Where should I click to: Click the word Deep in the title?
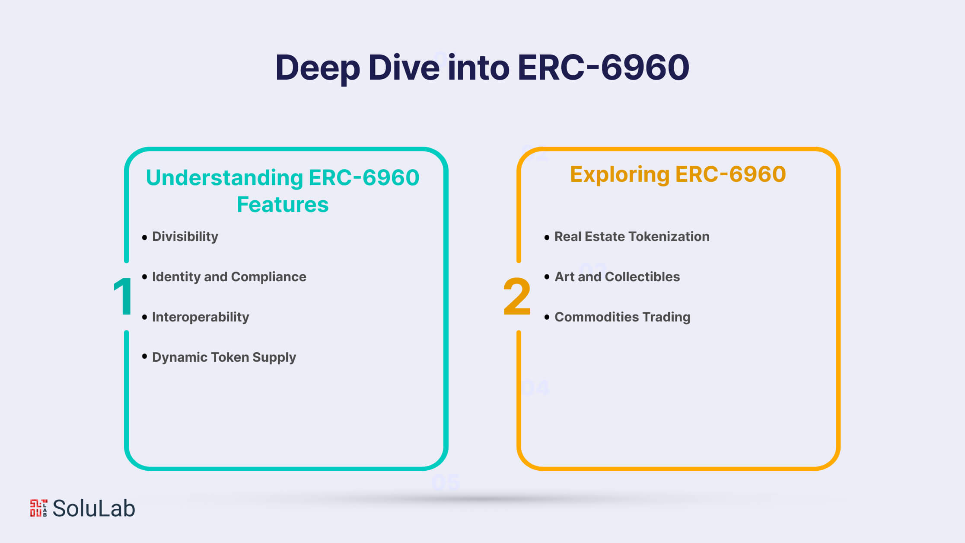click(318, 68)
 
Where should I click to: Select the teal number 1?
click(123, 296)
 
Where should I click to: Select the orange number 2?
click(517, 296)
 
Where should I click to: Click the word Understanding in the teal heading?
click(225, 178)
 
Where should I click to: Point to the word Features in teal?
click(283, 204)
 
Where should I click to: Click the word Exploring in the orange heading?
click(619, 175)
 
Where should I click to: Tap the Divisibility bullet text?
click(185, 237)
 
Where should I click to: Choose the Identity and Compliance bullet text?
click(229, 277)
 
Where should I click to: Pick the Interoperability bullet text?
click(201, 317)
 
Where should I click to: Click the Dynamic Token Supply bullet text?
click(224, 357)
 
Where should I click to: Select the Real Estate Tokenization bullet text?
click(632, 237)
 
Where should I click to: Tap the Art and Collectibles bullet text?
click(617, 277)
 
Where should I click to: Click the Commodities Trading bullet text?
click(622, 317)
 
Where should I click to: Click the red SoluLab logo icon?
click(38, 508)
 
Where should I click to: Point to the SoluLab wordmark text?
click(94, 508)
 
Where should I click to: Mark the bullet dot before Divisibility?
click(144, 237)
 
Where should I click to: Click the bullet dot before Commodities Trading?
click(547, 317)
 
